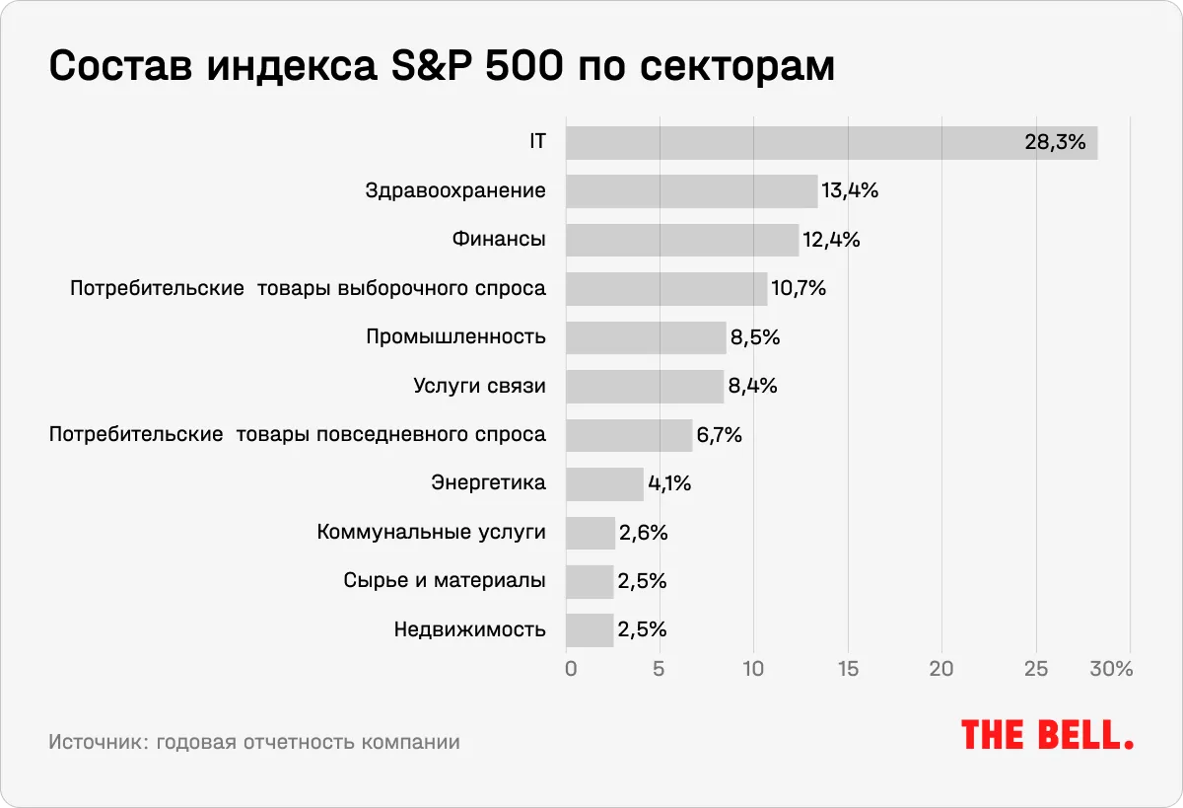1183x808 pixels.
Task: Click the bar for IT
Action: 831,142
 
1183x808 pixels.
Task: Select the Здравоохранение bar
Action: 691,190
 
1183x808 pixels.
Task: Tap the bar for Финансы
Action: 682,240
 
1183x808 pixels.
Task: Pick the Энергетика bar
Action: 604,483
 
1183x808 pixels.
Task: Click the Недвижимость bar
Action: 590,629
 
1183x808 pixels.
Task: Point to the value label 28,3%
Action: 1055,142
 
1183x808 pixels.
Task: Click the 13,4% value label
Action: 849,190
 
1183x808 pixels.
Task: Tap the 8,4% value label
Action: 753,386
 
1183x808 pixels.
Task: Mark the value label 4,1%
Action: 669,483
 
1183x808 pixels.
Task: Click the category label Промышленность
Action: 455,337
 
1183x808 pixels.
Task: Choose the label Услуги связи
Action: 479,386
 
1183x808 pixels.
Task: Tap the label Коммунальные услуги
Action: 431,533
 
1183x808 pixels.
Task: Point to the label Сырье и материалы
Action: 445,581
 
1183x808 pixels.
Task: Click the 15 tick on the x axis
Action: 848,669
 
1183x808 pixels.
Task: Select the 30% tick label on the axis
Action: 1111,669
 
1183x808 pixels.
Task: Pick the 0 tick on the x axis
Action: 571,669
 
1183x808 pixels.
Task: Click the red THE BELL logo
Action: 1047,735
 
